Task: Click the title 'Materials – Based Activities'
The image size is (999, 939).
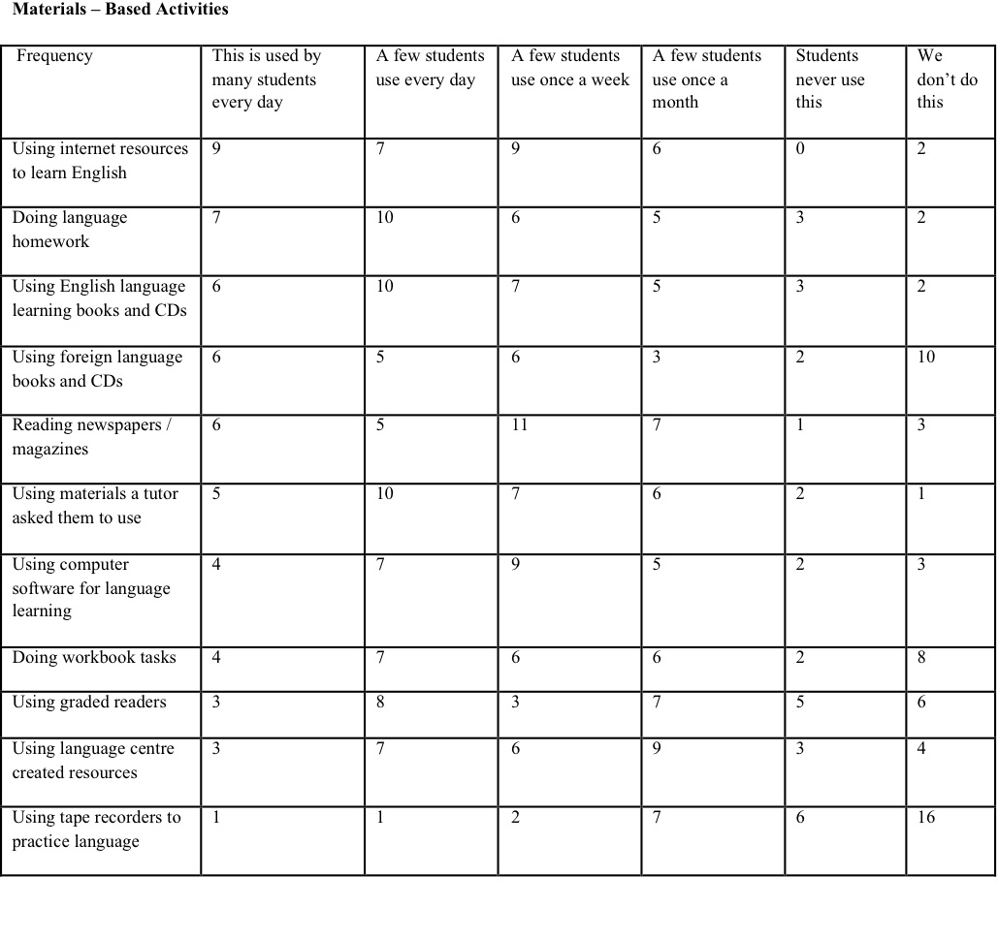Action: (x=120, y=10)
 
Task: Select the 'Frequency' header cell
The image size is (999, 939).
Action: (x=54, y=56)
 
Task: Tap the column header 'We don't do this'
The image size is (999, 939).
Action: (x=947, y=78)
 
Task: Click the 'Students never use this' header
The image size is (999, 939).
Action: (x=829, y=78)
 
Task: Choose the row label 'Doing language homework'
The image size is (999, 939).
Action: (x=69, y=230)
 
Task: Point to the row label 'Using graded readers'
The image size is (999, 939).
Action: (x=89, y=703)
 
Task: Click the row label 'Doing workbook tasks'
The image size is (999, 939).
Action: (x=94, y=658)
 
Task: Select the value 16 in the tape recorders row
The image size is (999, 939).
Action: (x=925, y=818)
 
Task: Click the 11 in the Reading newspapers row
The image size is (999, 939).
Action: (x=520, y=425)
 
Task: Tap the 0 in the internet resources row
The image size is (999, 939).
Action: (x=800, y=149)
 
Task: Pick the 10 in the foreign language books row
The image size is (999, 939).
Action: (x=925, y=358)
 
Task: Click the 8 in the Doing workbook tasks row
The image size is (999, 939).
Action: (x=920, y=658)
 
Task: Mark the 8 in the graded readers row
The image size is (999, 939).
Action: (x=380, y=703)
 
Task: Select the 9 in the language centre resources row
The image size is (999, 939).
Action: (x=658, y=749)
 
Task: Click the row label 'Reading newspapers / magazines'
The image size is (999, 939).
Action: (x=91, y=437)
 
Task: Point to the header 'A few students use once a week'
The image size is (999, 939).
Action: (x=570, y=68)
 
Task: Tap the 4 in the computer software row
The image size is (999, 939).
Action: (x=216, y=565)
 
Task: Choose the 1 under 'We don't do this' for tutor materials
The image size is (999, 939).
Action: (x=920, y=494)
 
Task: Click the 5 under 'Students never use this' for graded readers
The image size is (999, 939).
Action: (x=800, y=703)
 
